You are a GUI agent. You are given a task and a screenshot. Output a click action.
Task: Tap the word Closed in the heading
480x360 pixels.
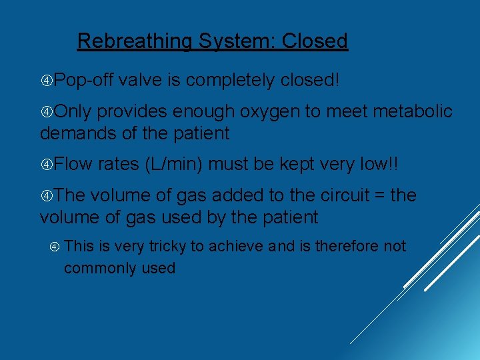coord(315,41)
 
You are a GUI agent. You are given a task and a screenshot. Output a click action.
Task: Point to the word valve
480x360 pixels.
coord(141,81)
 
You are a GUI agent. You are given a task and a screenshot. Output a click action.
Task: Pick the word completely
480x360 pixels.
coord(229,81)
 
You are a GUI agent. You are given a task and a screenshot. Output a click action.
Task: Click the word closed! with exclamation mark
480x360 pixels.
coord(310,81)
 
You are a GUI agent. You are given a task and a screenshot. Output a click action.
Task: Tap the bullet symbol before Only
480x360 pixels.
coord(47,112)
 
